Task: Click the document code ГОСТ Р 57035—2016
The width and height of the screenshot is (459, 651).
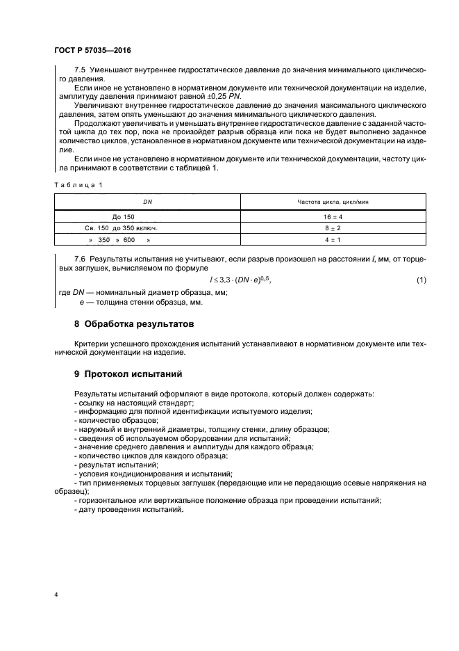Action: click(92, 51)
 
